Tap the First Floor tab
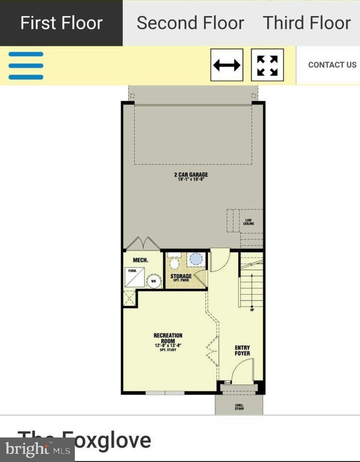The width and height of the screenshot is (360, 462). (x=61, y=23)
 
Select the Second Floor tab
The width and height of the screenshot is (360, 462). (x=190, y=23)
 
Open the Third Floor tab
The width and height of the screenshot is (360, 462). (x=307, y=23)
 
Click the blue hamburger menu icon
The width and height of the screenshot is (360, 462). (x=26, y=65)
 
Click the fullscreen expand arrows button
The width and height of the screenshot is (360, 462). (x=267, y=65)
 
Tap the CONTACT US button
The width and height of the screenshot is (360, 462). (x=332, y=65)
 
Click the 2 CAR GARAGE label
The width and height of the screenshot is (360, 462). (x=191, y=176)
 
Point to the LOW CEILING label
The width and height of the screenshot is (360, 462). (x=248, y=222)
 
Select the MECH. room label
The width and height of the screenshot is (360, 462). (x=140, y=260)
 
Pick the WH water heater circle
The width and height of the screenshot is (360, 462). (x=153, y=281)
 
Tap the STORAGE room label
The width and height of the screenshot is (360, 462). (x=181, y=277)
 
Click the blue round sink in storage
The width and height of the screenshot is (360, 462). (x=196, y=258)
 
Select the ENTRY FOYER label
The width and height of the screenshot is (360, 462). (x=242, y=350)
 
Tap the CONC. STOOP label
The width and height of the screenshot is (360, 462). (x=239, y=407)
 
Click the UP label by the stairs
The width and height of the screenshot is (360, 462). (x=252, y=310)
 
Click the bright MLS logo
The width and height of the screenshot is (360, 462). (x=37, y=450)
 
